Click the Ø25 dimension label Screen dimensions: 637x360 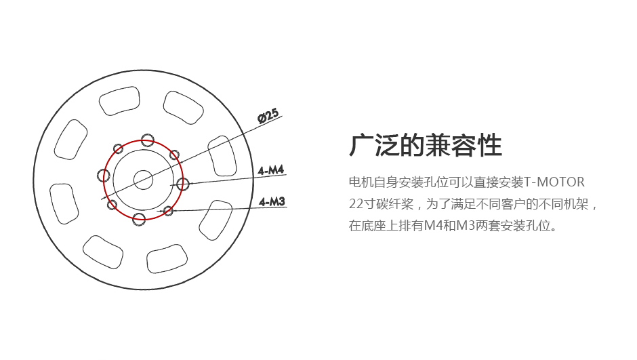[x=268, y=116]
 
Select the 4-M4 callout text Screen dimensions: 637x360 [x=271, y=170]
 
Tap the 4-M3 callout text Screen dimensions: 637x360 [x=272, y=201]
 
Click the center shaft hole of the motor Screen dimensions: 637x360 [x=143, y=180]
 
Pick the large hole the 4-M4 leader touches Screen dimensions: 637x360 [x=183, y=184]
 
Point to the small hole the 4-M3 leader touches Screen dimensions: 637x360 [x=168, y=211]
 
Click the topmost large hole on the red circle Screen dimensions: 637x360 [x=148, y=140]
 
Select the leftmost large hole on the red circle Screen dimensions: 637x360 [x=104, y=176]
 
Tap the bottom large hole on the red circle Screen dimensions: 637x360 [x=139, y=219]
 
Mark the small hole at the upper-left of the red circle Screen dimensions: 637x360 [x=118, y=148]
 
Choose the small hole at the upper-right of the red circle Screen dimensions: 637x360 [x=174, y=155]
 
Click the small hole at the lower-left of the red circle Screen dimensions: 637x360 [x=112, y=204]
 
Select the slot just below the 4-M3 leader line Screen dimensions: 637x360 [x=215, y=220]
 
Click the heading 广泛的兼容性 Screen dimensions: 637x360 [x=426, y=145]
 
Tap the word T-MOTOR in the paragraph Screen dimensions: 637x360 [x=554, y=182]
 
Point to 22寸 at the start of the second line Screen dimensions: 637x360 [x=361, y=203]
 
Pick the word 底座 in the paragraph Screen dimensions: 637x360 [x=373, y=226]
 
